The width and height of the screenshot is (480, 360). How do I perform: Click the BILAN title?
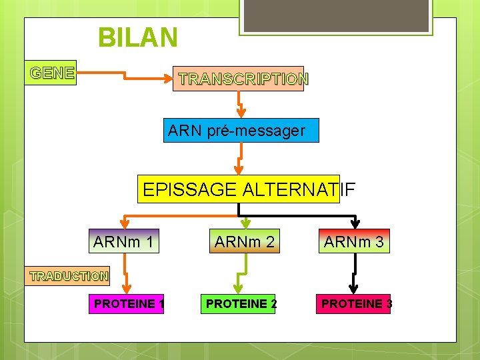pos(138,37)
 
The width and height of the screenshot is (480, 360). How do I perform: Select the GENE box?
pos(52,73)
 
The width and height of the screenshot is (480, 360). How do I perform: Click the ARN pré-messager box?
pos(241,131)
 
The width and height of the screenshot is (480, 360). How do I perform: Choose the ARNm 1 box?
pos(124,241)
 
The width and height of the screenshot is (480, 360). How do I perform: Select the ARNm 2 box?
pos(244,241)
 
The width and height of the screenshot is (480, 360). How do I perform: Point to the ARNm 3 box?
pos(354,241)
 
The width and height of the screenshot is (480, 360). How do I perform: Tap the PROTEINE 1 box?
pos(128,304)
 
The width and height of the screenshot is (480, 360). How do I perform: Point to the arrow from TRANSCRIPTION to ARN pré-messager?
pos(241,104)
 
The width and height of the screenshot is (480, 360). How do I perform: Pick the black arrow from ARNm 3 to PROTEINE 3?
pos(355,273)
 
